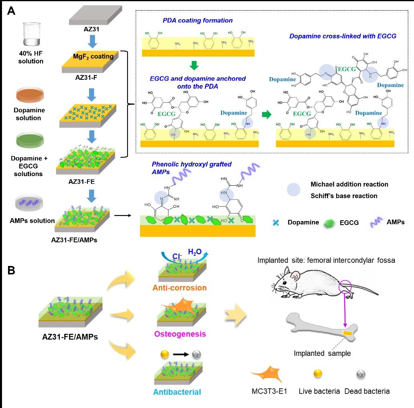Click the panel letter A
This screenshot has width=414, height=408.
click(11, 11)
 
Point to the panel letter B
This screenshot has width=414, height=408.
click(11, 270)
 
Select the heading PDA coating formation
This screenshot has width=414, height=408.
click(197, 20)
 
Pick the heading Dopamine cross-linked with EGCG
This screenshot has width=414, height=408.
click(343, 36)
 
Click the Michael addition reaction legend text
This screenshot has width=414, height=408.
click(349, 185)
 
